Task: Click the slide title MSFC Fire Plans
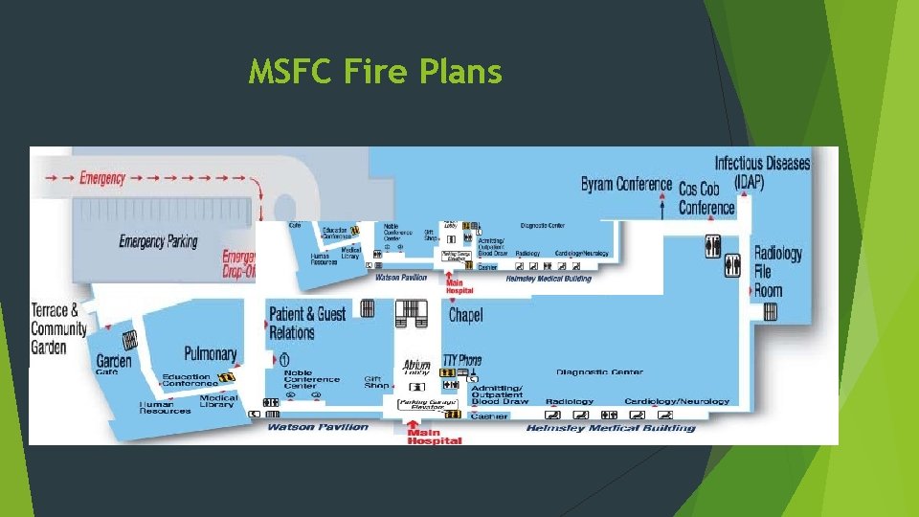coord(374,72)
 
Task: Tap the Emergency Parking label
coord(158,240)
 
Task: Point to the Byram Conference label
coord(625,183)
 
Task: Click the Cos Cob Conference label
coord(706,198)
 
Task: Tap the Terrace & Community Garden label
coord(58,328)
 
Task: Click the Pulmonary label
coord(210,353)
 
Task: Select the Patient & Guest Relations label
coord(306,324)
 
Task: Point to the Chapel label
coord(465,314)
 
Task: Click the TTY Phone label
coord(462,361)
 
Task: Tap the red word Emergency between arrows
coord(102,178)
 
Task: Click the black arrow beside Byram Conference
coord(667,182)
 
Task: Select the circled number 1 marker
coord(284,360)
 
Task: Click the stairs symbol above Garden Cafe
coord(129,339)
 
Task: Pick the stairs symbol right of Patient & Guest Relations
coord(366,307)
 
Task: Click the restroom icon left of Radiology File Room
coord(732,265)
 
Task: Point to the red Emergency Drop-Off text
coord(239,263)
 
